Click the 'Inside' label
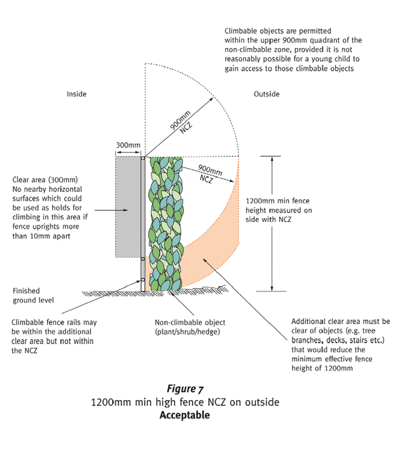pos(77,94)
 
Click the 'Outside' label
pos(267,94)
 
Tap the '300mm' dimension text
pos(128,145)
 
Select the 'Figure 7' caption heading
pos(185,389)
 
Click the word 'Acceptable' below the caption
pos(185,415)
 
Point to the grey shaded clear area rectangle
pos(128,207)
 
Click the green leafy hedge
pos(165,224)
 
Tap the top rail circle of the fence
pos(143,159)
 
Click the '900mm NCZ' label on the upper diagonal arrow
pos(182,123)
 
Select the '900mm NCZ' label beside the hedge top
pos(209,174)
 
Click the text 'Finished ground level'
pos(33,295)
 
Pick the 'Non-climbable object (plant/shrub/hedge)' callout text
pos(190,327)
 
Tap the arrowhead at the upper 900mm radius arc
pos(211,99)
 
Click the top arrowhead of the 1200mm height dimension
pos(272,159)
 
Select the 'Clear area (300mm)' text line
pos(45,180)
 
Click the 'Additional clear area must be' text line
pos(341,321)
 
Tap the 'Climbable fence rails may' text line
pos(54,323)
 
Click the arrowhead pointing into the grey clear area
pos(125,211)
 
